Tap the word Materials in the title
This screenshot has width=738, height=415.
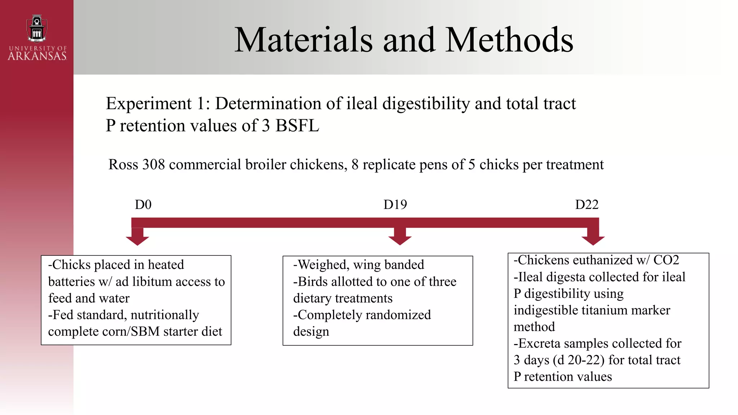303,40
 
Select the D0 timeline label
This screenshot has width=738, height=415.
143,205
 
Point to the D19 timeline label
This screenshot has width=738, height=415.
395,205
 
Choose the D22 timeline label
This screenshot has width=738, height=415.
587,205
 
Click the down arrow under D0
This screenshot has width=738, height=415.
137,238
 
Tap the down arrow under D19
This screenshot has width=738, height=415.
400,238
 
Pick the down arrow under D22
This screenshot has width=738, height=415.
593,238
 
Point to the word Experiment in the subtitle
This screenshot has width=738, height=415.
148,104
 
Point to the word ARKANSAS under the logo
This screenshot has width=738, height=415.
37,56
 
